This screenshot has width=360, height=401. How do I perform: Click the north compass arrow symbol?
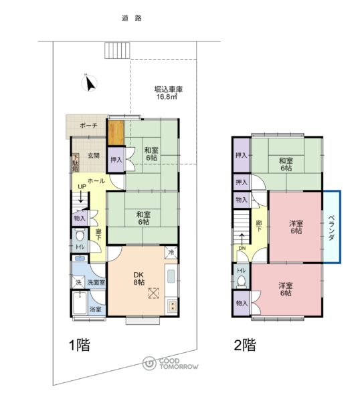click(x=90, y=83)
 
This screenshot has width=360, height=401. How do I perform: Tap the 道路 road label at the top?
click(x=132, y=19)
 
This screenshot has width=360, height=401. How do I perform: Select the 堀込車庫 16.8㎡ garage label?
click(x=168, y=93)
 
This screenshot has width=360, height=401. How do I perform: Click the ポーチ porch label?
click(x=88, y=126)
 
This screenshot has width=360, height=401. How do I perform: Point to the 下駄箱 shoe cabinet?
click(x=76, y=162)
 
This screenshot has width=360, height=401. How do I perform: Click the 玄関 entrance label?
click(x=94, y=156)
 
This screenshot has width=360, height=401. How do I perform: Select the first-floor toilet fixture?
click(x=80, y=235)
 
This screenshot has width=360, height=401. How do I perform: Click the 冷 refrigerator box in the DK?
click(x=171, y=253)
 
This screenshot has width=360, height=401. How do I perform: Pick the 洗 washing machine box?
click(x=78, y=282)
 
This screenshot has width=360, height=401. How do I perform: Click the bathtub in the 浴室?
click(x=80, y=303)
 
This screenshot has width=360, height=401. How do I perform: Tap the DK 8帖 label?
click(x=139, y=278)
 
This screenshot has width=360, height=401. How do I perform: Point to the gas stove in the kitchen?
click(x=172, y=306)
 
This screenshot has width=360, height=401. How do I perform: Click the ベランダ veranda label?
click(x=332, y=228)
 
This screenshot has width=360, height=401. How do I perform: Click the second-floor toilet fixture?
click(x=241, y=281)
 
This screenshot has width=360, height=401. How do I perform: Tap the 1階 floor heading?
click(x=80, y=345)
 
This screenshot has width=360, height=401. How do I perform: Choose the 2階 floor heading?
click(x=245, y=345)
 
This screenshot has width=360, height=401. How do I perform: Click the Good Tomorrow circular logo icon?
click(x=149, y=363)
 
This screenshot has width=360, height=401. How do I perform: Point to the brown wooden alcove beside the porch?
click(x=116, y=132)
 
